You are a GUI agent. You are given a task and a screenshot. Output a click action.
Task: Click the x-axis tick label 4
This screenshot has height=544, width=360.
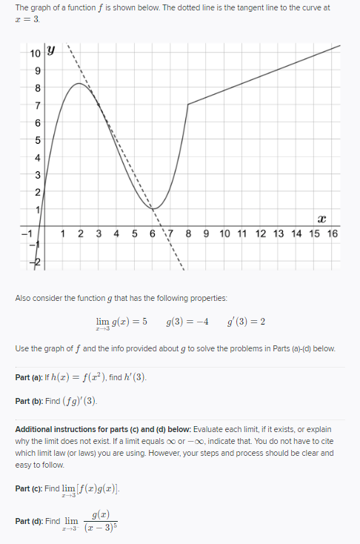[x=117, y=233]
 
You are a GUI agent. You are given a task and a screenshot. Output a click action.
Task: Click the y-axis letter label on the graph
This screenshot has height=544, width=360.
[x=51, y=52]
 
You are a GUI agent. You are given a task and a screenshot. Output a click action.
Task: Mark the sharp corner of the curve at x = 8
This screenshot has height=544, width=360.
[x=188, y=104]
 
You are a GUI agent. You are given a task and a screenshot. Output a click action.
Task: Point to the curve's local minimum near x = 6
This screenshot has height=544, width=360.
[x=153, y=209]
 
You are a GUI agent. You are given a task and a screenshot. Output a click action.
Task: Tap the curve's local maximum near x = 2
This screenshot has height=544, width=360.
[x=80, y=83]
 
